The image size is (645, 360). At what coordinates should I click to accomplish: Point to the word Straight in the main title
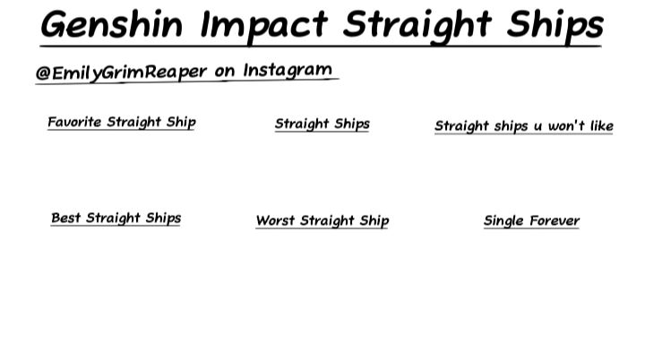click(413, 25)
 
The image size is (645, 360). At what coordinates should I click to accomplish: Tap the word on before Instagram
click(224, 71)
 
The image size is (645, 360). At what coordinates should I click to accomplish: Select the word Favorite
click(74, 122)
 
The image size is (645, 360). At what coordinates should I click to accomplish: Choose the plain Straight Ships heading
click(322, 124)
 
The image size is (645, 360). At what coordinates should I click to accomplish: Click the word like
click(601, 126)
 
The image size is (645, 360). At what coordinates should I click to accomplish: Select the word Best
click(66, 218)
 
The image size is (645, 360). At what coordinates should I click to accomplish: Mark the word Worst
click(275, 220)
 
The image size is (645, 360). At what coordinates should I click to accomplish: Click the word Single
click(503, 221)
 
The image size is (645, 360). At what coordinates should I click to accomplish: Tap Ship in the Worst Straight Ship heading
click(374, 221)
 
